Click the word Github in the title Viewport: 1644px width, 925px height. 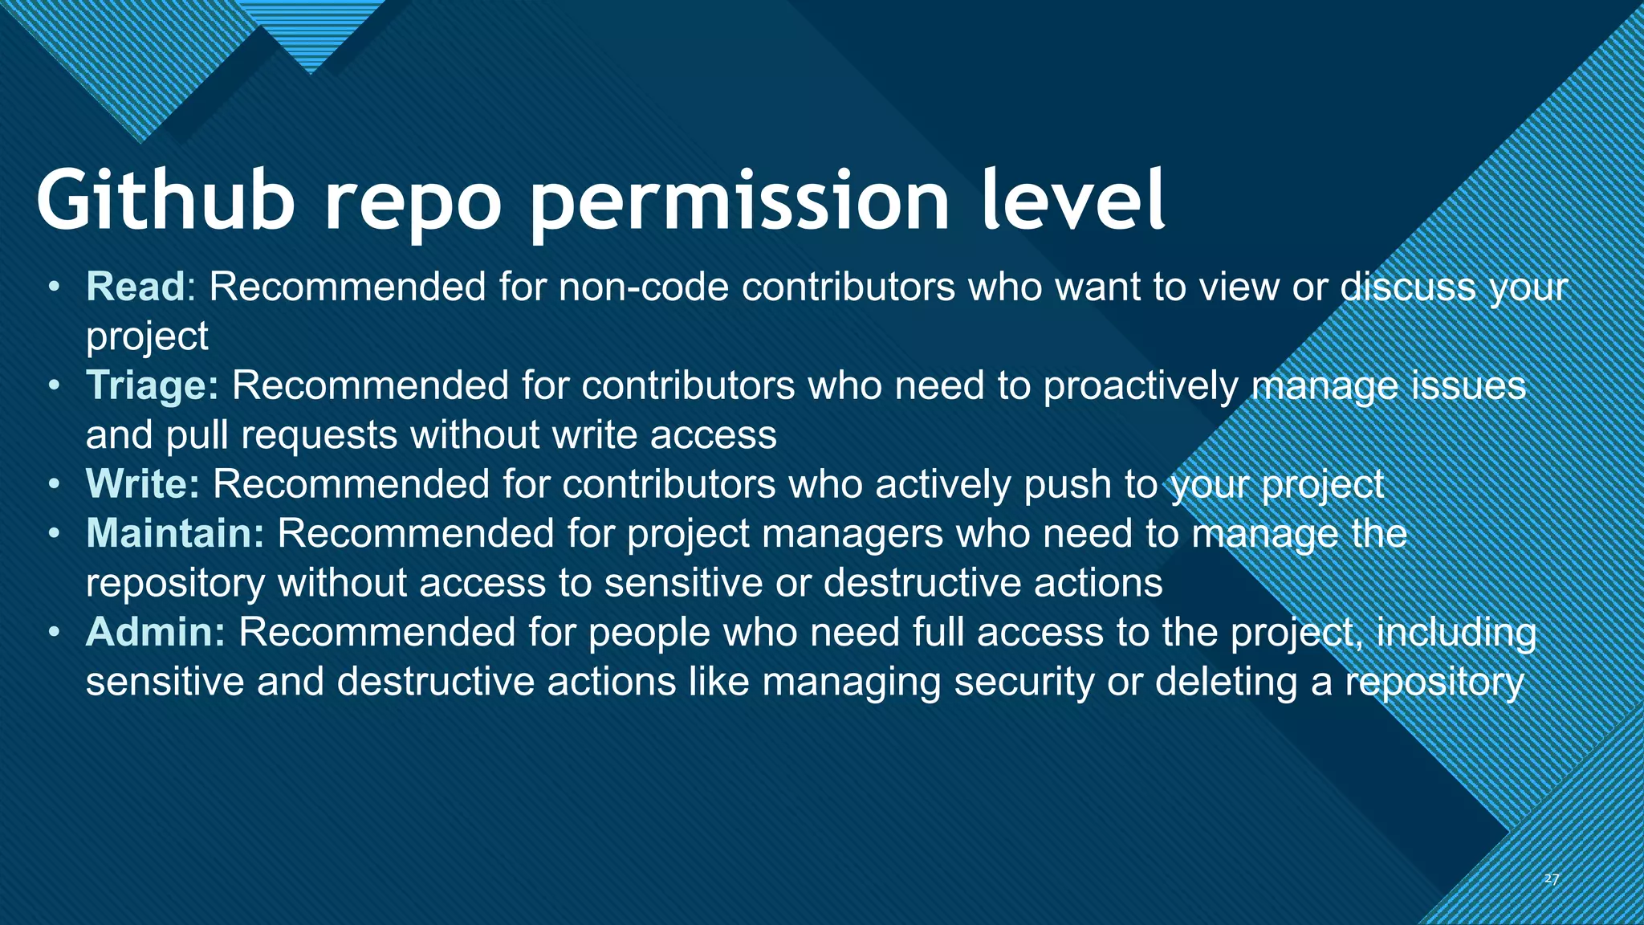pos(165,200)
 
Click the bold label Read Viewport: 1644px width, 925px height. pos(136,287)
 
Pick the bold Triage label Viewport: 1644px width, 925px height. pos(152,385)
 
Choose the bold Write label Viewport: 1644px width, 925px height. pos(142,484)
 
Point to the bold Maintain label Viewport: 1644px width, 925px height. pos(174,533)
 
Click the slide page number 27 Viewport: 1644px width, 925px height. pos(1552,879)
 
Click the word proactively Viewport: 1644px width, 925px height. pos(1141,385)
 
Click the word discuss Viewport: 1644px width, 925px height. pos(1409,287)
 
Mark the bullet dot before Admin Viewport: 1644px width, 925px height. pos(54,632)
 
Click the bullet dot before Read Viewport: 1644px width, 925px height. pos(54,287)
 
